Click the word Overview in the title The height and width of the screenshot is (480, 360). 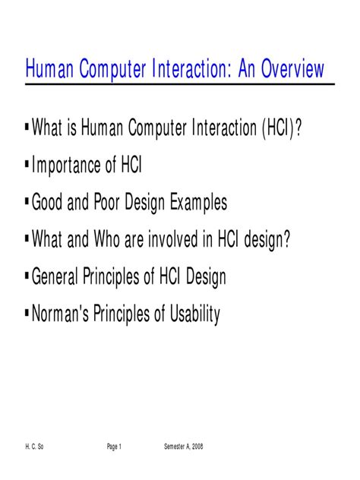point(292,68)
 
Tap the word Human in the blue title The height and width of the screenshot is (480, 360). point(49,68)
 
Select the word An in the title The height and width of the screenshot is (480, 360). point(246,68)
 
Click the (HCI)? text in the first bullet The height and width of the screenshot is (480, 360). point(282,128)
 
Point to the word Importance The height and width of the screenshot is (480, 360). point(66,166)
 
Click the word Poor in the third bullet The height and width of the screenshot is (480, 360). point(106,202)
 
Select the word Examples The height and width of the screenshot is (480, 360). point(198,203)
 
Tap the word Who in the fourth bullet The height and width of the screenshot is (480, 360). point(106,238)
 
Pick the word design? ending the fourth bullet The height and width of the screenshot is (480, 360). point(267,240)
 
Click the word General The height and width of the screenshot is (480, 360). point(55,276)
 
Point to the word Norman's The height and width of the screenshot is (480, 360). point(60,313)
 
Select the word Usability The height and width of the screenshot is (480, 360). point(194,314)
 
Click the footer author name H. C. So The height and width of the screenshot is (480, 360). point(34,447)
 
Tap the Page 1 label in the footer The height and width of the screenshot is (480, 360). point(114,447)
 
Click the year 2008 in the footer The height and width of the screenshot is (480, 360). point(197,447)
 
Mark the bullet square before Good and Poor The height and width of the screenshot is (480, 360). point(27,201)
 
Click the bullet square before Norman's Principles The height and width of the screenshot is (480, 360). point(27,312)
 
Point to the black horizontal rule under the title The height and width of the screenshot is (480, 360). point(180,84)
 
